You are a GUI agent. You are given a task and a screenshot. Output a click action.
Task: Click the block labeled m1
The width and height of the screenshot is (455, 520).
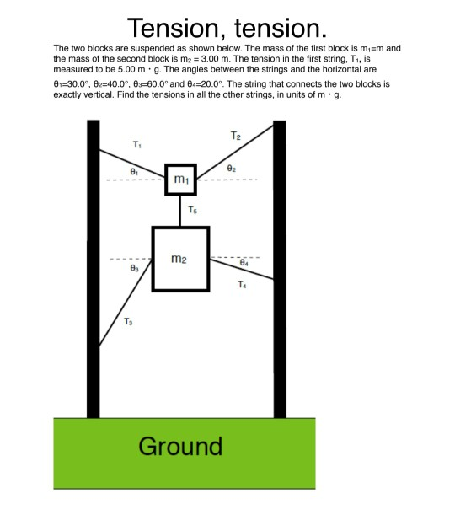coord(180,180)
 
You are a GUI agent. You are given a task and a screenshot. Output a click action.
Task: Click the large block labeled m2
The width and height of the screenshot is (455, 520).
coord(179,259)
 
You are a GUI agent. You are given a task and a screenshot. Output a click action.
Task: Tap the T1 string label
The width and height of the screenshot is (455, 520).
coord(137,145)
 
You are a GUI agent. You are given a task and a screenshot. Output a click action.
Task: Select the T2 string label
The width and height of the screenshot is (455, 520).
coord(237,136)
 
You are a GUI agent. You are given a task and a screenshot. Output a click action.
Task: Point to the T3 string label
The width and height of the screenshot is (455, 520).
coord(128,321)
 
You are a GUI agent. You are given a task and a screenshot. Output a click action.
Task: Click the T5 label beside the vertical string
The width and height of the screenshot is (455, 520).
coord(193,210)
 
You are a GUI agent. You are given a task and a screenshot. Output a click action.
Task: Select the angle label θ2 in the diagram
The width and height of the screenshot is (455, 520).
coord(231,169)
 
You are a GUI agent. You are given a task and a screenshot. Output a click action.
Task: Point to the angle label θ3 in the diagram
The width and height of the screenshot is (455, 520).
coord(134,269)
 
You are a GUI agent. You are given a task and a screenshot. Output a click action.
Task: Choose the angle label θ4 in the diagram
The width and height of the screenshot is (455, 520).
coord(244,264)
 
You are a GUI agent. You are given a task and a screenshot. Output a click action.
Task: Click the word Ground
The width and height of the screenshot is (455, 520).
coord(180,446)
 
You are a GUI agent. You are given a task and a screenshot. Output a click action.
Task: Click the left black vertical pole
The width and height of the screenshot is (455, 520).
coord(94,270)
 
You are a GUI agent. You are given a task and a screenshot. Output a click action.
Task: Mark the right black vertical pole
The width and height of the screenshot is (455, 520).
coord(279,270)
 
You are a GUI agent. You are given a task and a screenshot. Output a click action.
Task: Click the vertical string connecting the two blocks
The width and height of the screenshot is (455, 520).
coord(180,211)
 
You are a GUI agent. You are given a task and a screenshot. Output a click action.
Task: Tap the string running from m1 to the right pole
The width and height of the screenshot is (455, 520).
coord(236,152)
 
